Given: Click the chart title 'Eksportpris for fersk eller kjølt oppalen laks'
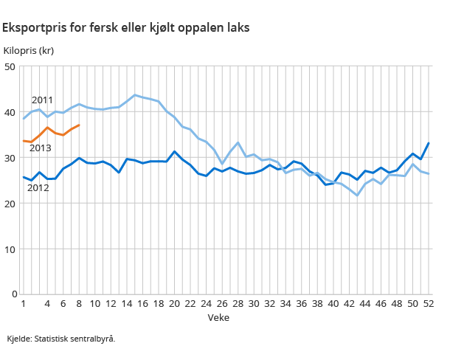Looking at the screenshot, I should pyautogui.click(x=125, y=28).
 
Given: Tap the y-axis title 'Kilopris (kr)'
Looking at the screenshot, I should pyautogui.click(x=29, y=51).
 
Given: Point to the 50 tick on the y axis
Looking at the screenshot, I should pyautogui.click(x=10, y=67).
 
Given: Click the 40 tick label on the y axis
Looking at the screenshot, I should pyautogui.click(x=10, y=113).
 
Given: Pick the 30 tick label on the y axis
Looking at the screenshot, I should pyautogui.click(x=10, y=158).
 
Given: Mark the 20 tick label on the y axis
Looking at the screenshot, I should pyautogui.click(x=10, y=204).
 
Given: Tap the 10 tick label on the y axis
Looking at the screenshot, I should pyautogui.click(x=10, y=249).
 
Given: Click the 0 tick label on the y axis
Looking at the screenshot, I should pyautogui.click(x=13, y=294).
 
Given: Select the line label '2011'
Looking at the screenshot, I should pyautogui.click(x=42, y=100).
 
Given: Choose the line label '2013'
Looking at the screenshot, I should pyautogui.click(x=40, y=148).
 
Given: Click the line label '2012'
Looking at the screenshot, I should pyautogui.click(x=38, y=188).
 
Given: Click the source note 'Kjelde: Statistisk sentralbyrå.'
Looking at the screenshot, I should pyautogui.click(x=61, y=339).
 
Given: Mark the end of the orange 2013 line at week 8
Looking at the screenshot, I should pyautogui.click(x=79, y=125).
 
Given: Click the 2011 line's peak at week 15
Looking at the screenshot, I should pyautogui.click(x=134, y=95).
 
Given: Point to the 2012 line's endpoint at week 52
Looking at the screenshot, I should pyautogui.click(x=429, y=143).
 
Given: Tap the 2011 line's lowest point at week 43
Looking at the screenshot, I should pyautogui.click(x=357, y=195).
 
